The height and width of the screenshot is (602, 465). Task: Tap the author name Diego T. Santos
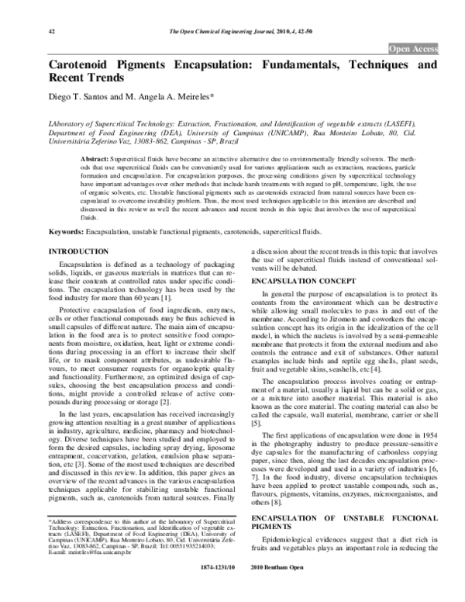81,99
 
